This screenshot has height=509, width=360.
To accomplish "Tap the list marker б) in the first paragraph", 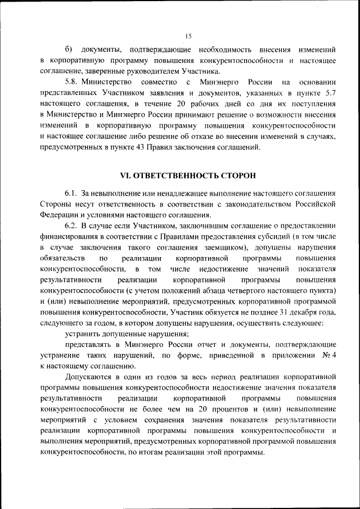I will click(x=69, y=49).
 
